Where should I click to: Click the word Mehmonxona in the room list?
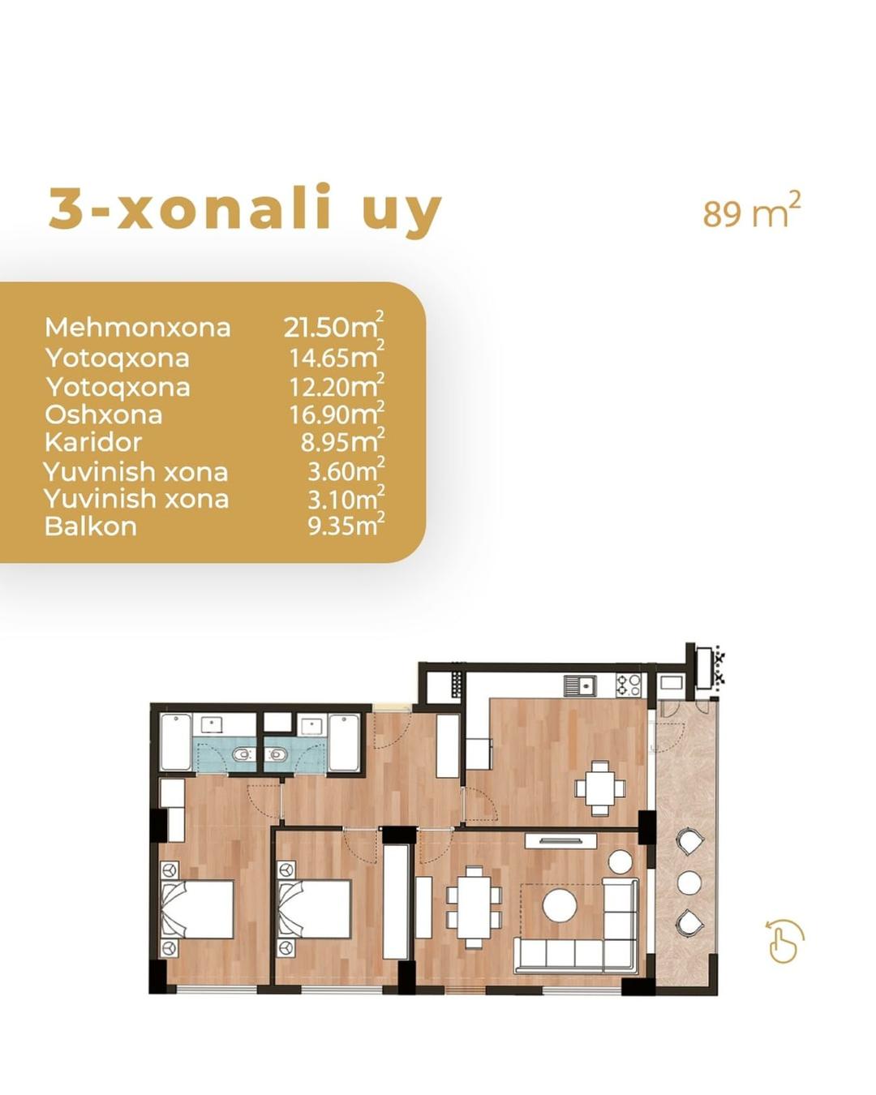137,327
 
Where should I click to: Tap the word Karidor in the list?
93,442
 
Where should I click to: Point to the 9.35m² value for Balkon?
346,524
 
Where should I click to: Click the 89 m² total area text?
751,211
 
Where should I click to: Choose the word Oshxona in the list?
103,414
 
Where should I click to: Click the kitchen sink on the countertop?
580,685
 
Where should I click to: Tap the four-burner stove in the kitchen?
629,685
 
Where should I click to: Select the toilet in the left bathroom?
245,754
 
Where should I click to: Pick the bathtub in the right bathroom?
344,742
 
